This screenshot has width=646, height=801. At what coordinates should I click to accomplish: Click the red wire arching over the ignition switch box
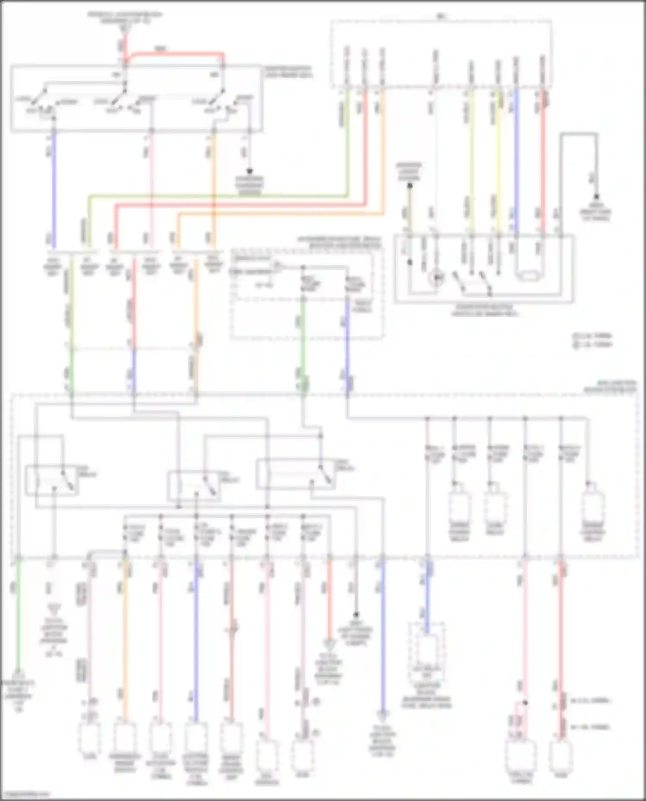177,54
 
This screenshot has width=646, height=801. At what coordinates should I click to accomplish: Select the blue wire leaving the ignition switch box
54,189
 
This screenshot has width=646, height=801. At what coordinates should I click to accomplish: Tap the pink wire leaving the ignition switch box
151,189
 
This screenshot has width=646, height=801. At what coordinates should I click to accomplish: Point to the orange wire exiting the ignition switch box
213,189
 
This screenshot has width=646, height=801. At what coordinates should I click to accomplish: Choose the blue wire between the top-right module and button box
516,159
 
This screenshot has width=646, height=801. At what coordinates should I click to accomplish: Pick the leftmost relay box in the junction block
52,480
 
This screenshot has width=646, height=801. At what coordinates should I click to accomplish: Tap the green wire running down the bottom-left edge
19,624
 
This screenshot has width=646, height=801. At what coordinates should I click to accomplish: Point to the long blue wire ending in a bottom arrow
382,637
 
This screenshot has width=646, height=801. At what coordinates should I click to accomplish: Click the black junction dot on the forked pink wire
525,702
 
